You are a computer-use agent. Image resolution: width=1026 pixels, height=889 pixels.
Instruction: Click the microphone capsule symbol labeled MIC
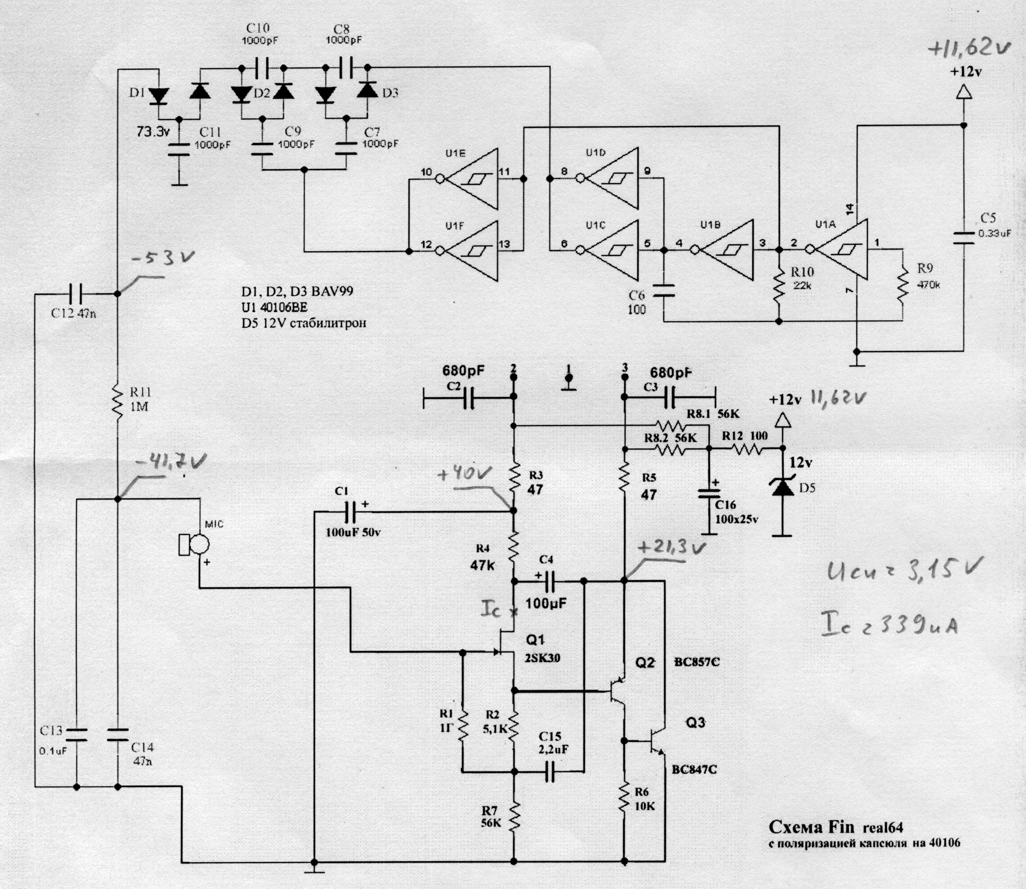195,544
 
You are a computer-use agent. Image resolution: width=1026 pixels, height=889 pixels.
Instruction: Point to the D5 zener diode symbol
783,488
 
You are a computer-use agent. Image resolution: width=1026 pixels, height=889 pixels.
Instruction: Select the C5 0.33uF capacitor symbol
963,238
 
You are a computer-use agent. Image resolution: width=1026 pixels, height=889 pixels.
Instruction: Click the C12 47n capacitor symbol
76,294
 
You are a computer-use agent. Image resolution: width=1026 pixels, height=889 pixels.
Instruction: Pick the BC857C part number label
696,662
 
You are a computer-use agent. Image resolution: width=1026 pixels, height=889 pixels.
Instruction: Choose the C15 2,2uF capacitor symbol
550,771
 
